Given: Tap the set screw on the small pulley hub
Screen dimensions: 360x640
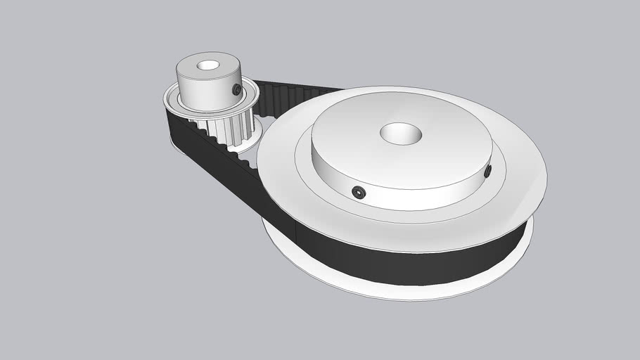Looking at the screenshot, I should (236, 89).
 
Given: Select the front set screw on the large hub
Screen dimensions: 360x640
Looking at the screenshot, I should (359, 193).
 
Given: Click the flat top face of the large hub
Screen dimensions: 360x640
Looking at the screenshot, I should (436, 141).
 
